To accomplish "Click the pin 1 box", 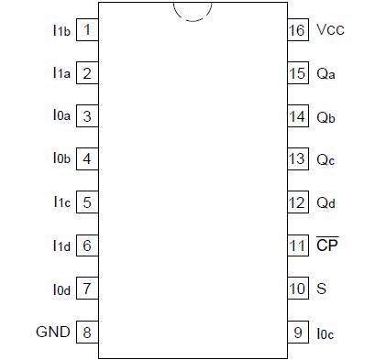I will (87, 30).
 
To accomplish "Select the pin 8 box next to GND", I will (87, 332).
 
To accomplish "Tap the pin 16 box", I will (297, 30).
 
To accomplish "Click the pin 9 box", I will (297, 332).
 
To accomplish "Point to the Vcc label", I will (330, 30).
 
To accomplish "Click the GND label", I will (53, 332).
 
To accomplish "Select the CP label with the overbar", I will (327, 245).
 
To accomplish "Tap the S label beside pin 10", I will (321, 289).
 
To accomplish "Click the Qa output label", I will (326, 73).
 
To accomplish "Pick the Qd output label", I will (326, 202).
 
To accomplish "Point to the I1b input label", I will (61, 30).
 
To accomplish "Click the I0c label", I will (325, 333).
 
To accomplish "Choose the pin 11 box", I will (297, 245).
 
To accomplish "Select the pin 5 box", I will (87, 202).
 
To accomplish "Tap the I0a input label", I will (61, 116).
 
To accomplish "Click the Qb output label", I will (326, 116).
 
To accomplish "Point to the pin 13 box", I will (297, 159).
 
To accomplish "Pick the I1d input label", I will (61, 245).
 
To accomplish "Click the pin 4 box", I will (87, 159).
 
